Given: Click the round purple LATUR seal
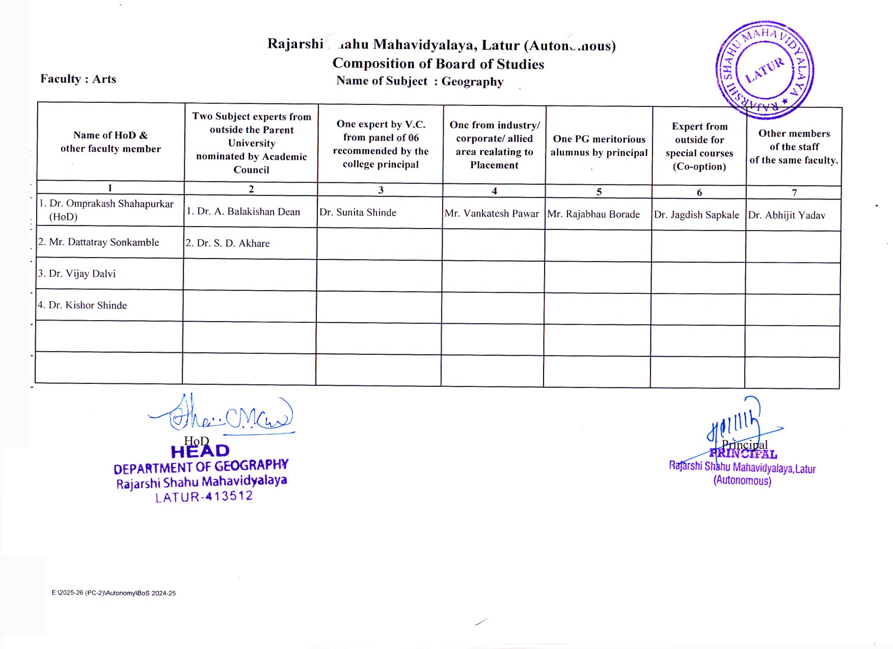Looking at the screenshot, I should tap(764, 70).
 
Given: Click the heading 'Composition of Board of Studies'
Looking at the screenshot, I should tap(438, 64).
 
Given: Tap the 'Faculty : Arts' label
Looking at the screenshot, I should tap(78, 79).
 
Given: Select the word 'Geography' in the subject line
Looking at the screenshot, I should tap(472, 81).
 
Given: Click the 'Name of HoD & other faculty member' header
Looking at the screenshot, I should tap(111, 142).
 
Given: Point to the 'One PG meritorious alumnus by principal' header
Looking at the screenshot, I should tap(599, 146).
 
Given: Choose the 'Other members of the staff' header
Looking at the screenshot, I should tap(794, 147).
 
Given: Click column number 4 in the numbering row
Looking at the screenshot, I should tap(494, 191).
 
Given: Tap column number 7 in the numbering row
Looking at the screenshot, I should tap(794, 192).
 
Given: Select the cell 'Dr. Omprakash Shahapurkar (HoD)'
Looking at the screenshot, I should tap(106, 210).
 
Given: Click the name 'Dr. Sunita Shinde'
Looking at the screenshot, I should tap(358, 212).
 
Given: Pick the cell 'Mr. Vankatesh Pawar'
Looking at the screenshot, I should tap(492, 214).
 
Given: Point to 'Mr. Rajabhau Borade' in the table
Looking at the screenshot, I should tap(593, 214).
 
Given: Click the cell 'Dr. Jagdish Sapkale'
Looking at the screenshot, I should tap(696, 215).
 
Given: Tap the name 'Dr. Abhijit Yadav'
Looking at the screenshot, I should tap(787, 215).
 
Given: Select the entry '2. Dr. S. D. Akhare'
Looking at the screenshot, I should tap(228, 243).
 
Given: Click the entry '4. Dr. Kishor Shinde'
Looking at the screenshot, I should tap(83, 305).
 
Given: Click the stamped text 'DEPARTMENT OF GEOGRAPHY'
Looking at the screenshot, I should tap(201, 467).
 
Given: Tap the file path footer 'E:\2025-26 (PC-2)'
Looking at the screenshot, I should tap(114, 593).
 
